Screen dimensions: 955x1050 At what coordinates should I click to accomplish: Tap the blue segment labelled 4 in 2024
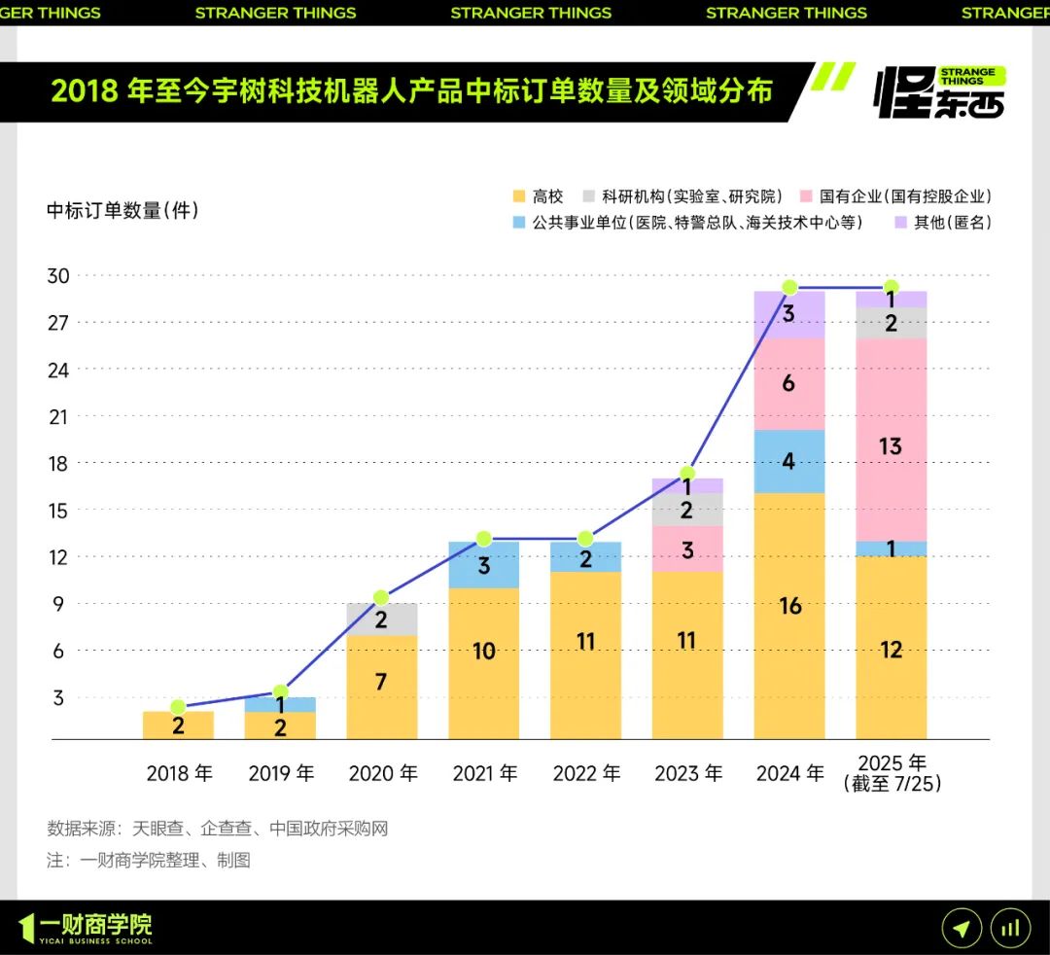(x=789, y=461)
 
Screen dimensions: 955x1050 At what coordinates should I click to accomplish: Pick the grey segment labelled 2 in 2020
(x=381, y=619)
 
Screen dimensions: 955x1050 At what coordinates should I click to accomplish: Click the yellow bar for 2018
(x=178, y=725)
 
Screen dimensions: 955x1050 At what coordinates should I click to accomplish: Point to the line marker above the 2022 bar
(x=585, y=539)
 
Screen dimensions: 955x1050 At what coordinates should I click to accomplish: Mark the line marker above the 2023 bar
(x=687, y=474)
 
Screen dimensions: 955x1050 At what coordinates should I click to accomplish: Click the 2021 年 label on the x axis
(x=484, y=774)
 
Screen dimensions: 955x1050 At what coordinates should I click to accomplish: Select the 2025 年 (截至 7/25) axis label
(x=892, y=773)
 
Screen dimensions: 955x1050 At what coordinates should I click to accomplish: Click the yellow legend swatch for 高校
(x=518, y=196)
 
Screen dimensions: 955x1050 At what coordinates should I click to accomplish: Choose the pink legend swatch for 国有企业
(x=806, y=196)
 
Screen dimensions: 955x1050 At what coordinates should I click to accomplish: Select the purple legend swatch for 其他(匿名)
(x=900, y=223)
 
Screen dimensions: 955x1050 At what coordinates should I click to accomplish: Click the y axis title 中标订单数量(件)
(x=122, y=210)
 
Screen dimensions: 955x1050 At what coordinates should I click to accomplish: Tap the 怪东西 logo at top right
(x=940, y=92)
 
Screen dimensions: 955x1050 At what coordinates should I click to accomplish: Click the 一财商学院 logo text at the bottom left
(x=95, y=925)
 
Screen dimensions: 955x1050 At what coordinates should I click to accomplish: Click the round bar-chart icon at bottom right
(x=1010, y=929)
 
